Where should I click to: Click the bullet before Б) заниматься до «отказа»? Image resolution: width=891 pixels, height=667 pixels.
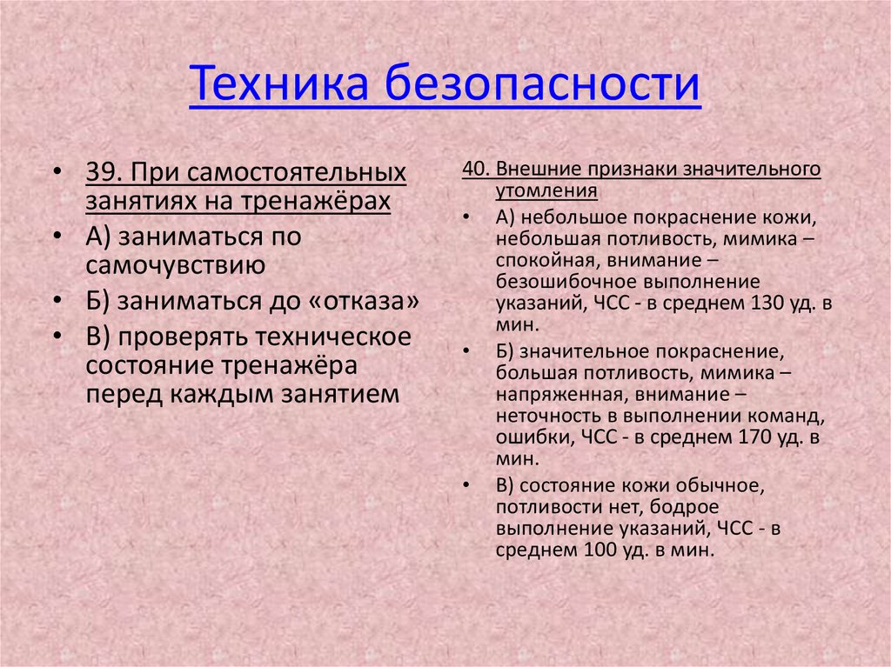(x=57, y=302)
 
